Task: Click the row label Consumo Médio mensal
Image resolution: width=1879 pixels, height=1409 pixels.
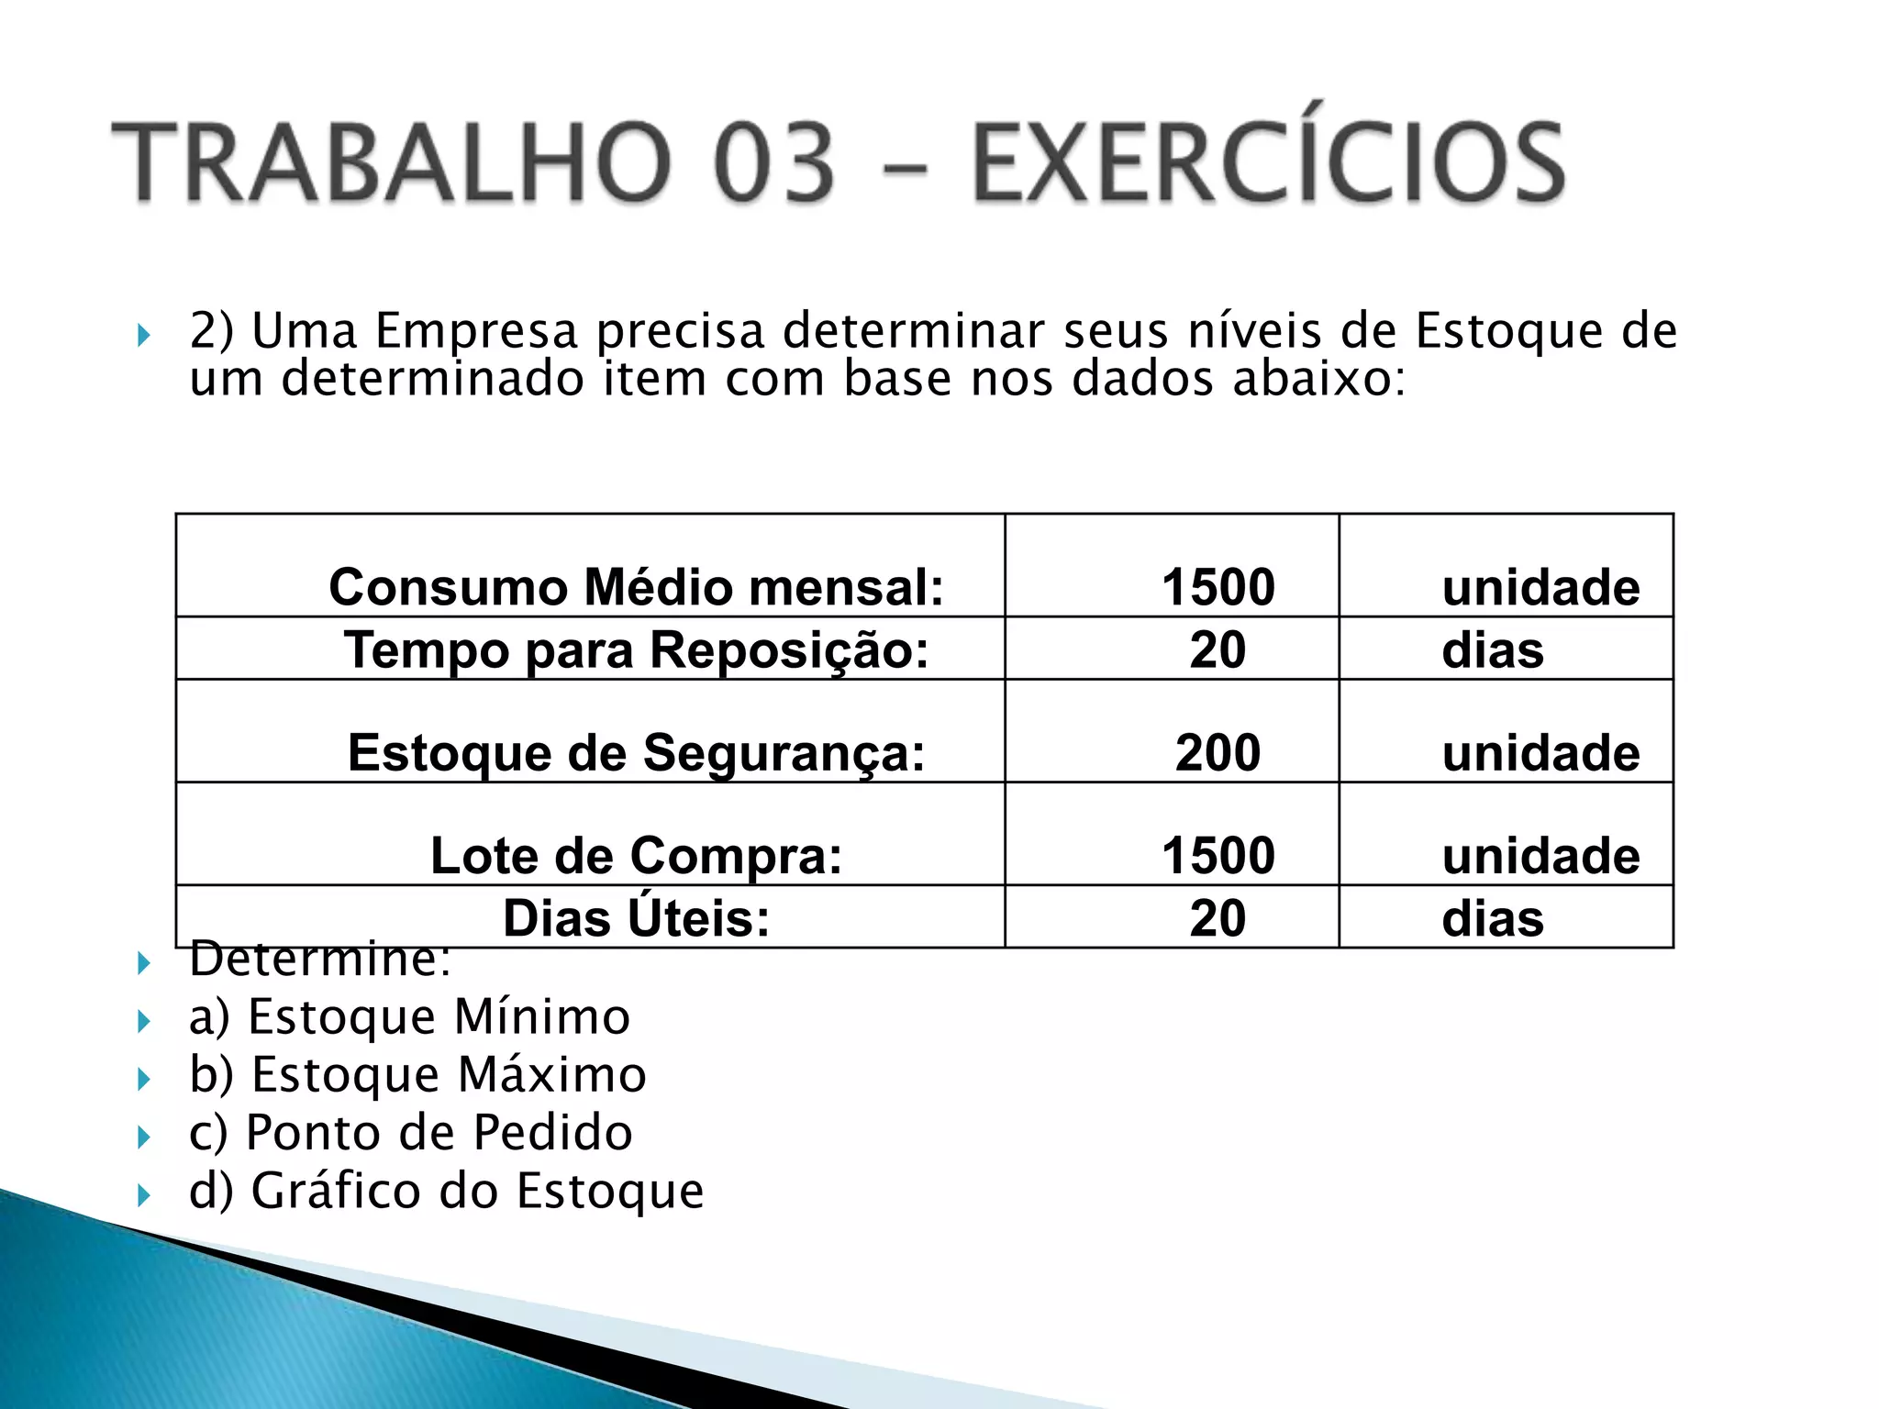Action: (636, 587)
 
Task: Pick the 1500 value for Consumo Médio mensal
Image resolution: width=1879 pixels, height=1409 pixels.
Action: (1217, 587)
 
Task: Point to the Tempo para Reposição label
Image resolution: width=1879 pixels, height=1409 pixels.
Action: (636, 650)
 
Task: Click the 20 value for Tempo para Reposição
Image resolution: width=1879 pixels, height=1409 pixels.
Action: (1217, 650)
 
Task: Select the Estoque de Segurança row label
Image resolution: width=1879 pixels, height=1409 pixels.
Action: (636, 753)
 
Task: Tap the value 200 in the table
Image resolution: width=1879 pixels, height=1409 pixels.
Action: (1217, 753)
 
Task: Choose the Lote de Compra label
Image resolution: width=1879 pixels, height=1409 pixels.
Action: (636, 856)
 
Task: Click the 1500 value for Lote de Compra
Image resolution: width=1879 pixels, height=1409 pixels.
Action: (1217, 856)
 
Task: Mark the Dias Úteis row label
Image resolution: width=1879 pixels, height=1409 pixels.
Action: (636, 918)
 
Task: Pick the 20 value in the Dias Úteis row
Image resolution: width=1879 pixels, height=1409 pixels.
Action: (1217, 918)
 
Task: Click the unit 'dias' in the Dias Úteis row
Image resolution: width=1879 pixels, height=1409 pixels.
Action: (1493, 918)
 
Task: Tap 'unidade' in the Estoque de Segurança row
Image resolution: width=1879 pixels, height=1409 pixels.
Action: (1540, 753)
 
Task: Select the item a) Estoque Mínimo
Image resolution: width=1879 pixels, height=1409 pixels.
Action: (409, 1017)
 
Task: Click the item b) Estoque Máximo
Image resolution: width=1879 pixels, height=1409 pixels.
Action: (417, 1075)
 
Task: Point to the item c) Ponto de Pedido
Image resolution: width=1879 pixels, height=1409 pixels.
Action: (410, 1133)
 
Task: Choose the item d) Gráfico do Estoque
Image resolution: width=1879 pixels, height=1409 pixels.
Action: (446, 1191)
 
